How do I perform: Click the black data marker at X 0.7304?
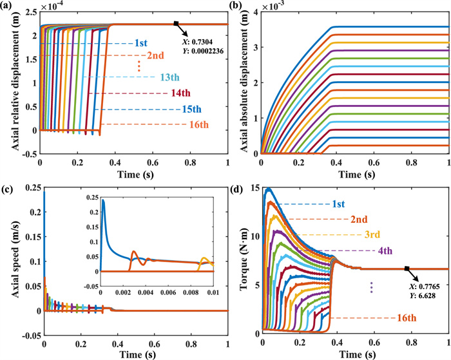176,24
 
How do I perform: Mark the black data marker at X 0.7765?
407,269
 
